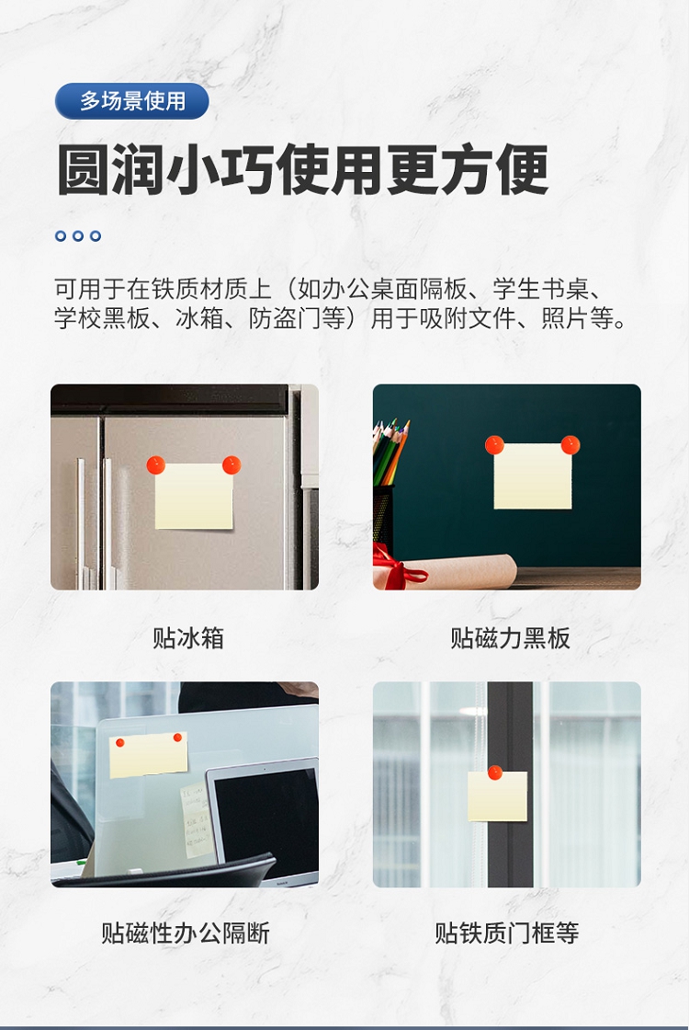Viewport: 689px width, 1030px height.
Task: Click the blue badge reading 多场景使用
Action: (x=132, y=101)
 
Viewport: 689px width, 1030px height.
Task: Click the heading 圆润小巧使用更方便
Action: (x=302, y=170)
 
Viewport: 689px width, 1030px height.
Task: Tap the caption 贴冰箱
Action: (x=188, y=638)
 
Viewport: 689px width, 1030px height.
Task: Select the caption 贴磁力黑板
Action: (x=510, y=638)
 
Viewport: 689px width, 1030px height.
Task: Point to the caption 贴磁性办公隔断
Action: (x=185, y=933)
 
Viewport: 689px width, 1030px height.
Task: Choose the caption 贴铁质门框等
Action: (x=506, y=933)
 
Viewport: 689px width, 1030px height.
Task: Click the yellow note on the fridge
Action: (x=194, y=497)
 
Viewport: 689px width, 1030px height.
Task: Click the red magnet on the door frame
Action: (x=495, y=773)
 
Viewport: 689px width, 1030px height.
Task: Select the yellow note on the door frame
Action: (x=497, y=796)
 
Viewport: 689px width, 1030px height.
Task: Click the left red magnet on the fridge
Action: (x=155, y=465)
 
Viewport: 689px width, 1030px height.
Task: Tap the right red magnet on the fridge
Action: (x=232, y=465)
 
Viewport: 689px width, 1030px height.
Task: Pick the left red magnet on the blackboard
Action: (x=494, y=445)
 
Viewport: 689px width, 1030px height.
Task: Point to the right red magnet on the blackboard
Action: (x=570, y=445)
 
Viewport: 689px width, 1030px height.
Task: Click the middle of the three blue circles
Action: (x=78, y=235)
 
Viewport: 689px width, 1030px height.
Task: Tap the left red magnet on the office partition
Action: (x=120, y=743)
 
